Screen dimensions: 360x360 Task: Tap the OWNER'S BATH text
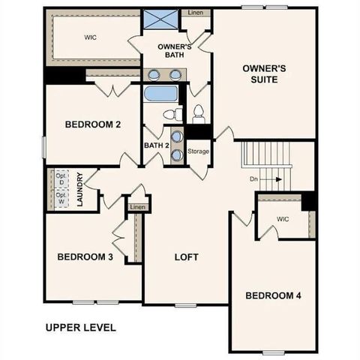tap(175, 51)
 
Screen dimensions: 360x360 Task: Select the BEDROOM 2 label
tap(93, 124)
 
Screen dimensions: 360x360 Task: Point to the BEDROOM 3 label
tap(85, 257)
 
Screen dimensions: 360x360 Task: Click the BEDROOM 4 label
tap(273, 295)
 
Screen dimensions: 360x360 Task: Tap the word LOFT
tap(186, 257)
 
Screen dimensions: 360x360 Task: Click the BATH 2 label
tap(156, 145)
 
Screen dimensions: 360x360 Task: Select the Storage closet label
tap(199, 151)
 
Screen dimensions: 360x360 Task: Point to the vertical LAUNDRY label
tap(79, 189)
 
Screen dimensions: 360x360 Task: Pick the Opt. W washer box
tap(60, 199)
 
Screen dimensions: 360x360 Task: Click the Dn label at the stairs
tap(254, 179)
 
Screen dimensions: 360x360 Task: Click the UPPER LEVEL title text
tap(80, 327)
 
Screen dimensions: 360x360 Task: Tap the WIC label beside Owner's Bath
tap(91, 36)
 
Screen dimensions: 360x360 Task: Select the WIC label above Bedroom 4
tap(283, 219)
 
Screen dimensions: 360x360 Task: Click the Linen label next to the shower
tap(195, 13)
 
